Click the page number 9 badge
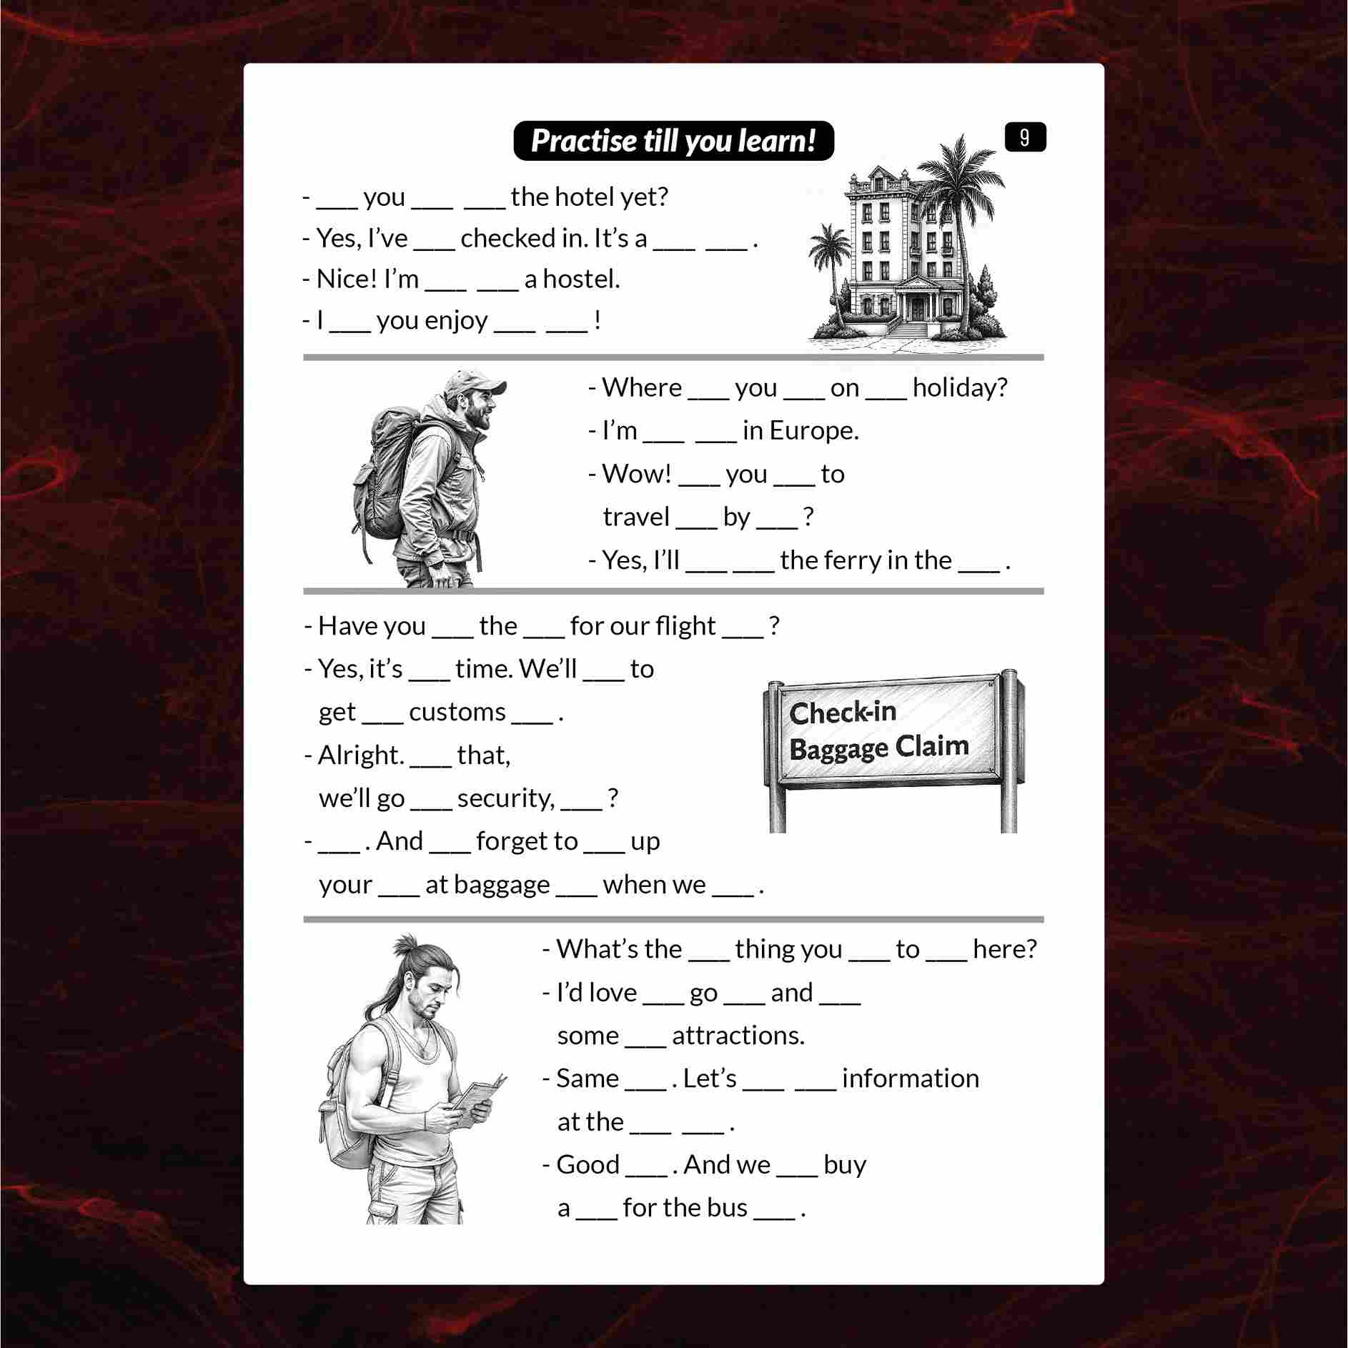(x=1025, y=137)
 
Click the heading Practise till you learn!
(x=673, y=141)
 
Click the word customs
(x=457, y=712)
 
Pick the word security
(x=505, y=798)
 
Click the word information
(x=911, y=1079)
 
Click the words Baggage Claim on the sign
(x=879, y=748)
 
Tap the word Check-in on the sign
(x=843, y=712)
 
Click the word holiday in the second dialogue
(x=960, y=387)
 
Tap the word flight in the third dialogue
(x=685, y=626)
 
